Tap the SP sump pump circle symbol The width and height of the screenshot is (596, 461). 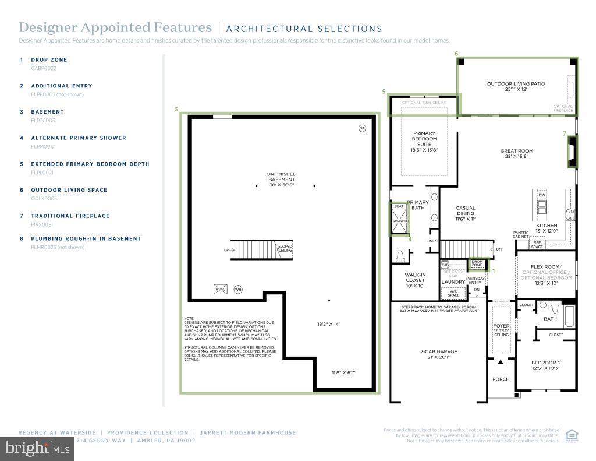click(362, 128)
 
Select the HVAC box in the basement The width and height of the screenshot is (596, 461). click(221, 289)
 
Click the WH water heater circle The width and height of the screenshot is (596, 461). click(238, 289)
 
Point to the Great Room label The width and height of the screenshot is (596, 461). click(517, 154)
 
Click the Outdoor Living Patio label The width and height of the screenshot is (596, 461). click(516, 86)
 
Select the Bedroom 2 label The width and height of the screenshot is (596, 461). click(545, 365)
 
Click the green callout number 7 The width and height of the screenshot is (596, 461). click(564, 133)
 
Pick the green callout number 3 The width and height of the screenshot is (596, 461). click(176, 109)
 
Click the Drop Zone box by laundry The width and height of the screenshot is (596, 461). click(478, 264)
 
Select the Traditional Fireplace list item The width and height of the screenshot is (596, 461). click(70, 216)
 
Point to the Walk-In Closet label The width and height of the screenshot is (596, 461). click(415, 280)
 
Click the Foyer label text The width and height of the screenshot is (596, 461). click(501, 326)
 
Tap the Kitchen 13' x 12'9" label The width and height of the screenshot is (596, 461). click(547, 228)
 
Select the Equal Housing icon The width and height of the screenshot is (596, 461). click(572, 435)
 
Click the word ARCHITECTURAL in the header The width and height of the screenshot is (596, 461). click(261, 29)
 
